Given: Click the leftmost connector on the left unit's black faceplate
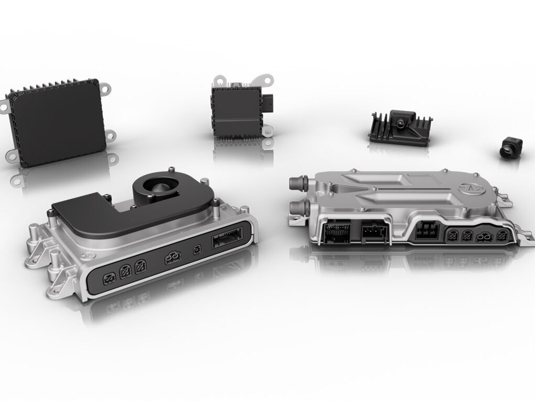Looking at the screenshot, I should point(109,279).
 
